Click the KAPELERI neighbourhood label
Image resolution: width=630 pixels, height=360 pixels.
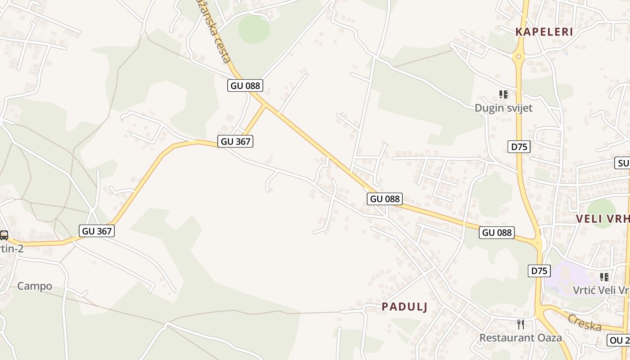[544, 32]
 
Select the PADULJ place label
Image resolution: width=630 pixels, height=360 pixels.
[405, 307]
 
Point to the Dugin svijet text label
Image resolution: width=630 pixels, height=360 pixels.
[504, 108]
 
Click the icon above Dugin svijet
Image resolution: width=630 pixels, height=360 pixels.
[504, 94]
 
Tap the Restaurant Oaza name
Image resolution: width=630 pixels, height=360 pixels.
[520, 337]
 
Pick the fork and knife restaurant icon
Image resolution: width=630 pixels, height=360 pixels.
[521, 324]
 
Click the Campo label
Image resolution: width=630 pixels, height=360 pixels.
[35, 286]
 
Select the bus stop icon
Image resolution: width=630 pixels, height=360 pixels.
[4, 235]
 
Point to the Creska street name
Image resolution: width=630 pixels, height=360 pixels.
[584, 322]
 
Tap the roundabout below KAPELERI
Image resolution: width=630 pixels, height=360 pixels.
[519, 57]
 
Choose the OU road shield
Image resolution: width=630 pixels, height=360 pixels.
[619, 340]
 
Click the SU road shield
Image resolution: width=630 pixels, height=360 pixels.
[623, 163]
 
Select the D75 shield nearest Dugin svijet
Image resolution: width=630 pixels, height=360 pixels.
[519, 147]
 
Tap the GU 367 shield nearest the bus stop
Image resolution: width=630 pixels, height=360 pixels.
[97, 231]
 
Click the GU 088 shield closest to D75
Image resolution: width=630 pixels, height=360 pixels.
[496, 233]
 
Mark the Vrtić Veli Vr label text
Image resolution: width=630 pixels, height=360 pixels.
[601, 290]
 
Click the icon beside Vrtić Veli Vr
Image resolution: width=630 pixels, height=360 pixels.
[604, 277]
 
